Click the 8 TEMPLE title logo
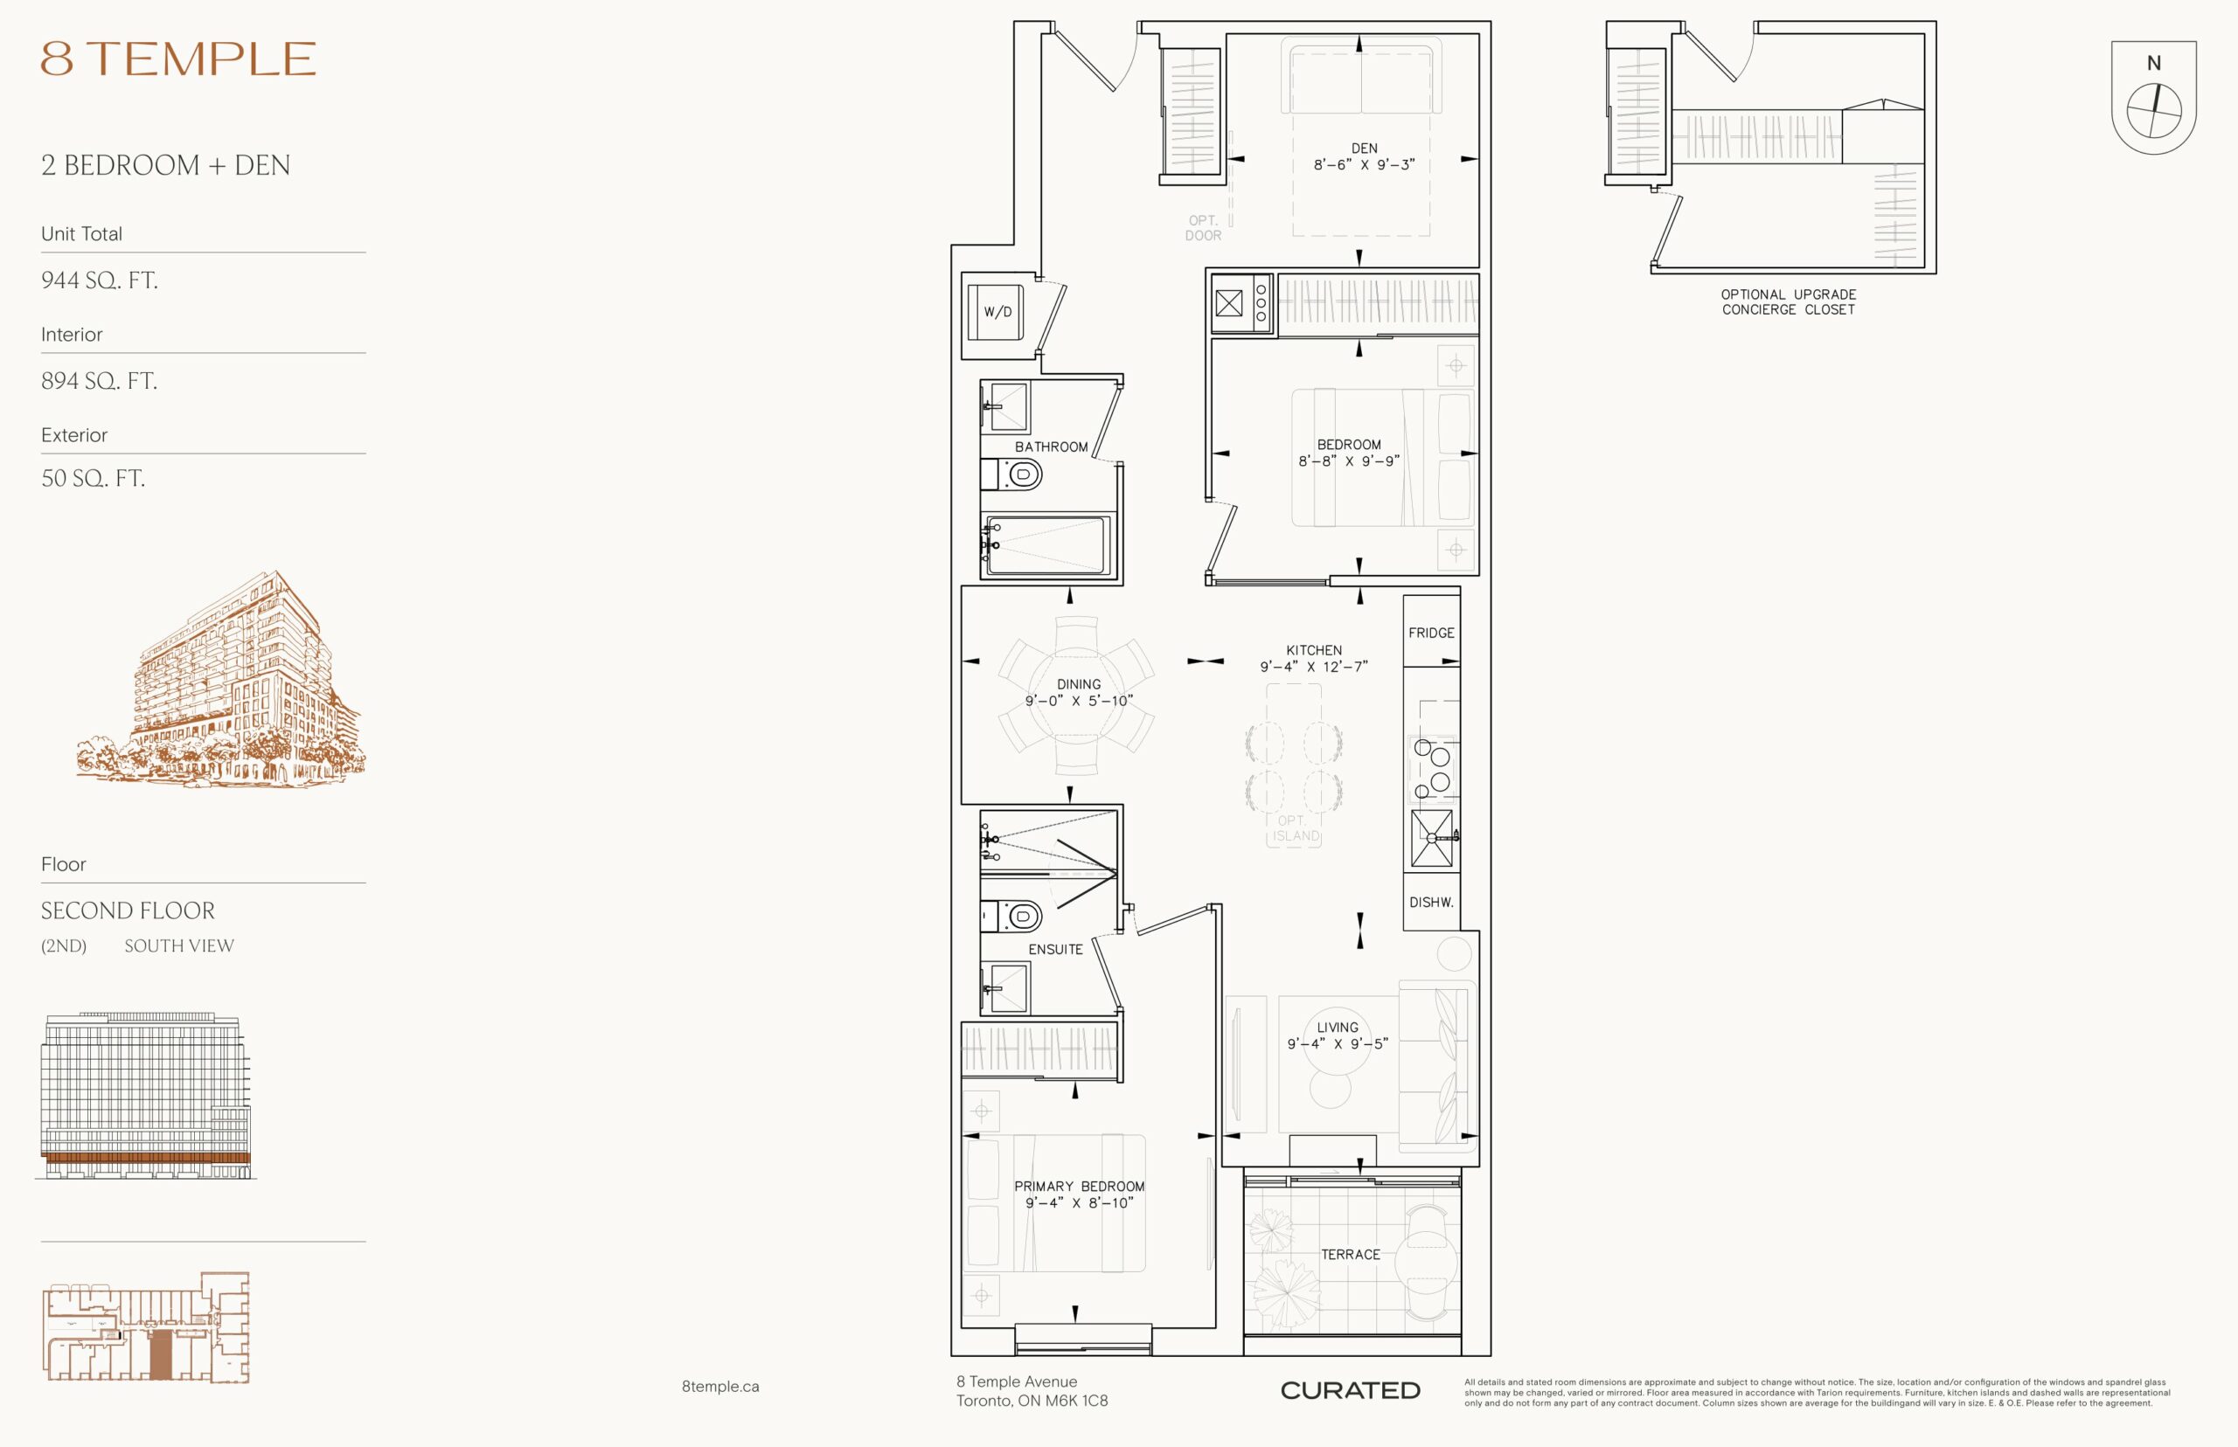point(177,59)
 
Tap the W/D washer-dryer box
point(996,312)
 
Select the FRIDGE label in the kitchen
point(1430,633)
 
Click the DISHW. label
point(1430,902)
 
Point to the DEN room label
point(1364,149)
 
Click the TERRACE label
point(1351,1255)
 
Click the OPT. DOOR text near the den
point(1203,228)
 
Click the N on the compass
point(2153,64)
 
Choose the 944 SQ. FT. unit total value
point(99,280)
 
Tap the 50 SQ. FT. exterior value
point(92,478)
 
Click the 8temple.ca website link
point(720,1387)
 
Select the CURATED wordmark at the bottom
point(1350,1390)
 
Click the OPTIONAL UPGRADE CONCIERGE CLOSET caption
point(1788,301)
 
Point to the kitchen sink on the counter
point(1431,838)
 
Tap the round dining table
point(1077,696)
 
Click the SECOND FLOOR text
point(128,910)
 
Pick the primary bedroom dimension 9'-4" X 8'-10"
point(1079,1202)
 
